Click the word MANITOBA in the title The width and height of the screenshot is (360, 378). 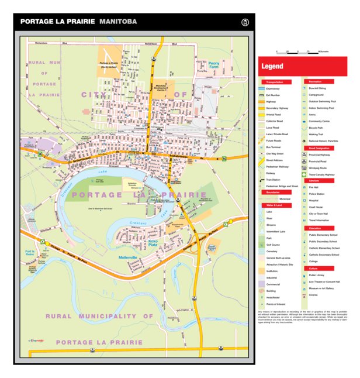pos(118,22)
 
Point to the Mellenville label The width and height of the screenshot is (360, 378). pos(127,257)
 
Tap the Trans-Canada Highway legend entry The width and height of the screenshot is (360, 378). pos(321,174)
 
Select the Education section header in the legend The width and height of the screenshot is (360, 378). pos(315,228)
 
